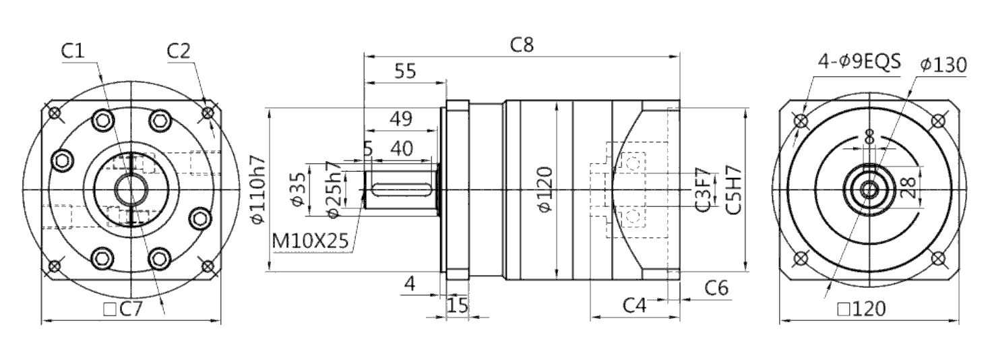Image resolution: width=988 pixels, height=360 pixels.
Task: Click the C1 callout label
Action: pyautogui.click(x=72, y=51)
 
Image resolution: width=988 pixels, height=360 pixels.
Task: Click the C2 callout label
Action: pyautogui.click(x=179, y=51)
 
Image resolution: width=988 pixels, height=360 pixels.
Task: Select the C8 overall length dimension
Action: pyautogui.click(x=522, y=45)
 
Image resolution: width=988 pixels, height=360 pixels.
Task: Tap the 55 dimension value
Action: pyautogui.click(x=405, y=71)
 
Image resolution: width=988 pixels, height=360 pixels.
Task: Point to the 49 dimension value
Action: pyautogui.click(x=401, y=119)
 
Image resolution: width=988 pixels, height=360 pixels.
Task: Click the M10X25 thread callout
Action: pyautogui.click(x=311, y=241)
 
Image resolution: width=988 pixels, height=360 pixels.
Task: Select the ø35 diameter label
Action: pyautogui.click(x=298, y=189)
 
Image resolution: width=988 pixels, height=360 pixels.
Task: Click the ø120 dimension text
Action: pyautogui.click(x=545, y=189)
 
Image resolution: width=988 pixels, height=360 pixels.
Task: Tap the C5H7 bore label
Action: pyautogui.click(x=733, y=190)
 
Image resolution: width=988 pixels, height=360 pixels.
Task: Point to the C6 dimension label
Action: pyautogui.click(x=716, y=288)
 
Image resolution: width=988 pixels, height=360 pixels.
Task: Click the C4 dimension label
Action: pyautogui.click(x=634, y=305)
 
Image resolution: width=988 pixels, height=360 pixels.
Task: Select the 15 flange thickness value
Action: pyautogui.click(x=458, y=305)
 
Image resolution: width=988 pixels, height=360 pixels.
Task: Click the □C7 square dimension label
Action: pyautogui.click(x=123, y=309)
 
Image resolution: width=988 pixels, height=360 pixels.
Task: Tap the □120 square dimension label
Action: pyautogui.click(x=861, y=309)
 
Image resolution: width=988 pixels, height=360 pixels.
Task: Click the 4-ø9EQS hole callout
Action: pyautogui.click(x=859, y=62)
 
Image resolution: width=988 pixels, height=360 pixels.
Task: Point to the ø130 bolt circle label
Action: pyautogui.click(x=944, y=65)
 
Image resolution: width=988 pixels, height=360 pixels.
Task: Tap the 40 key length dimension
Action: pyautogui.click(x=402, y=149)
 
